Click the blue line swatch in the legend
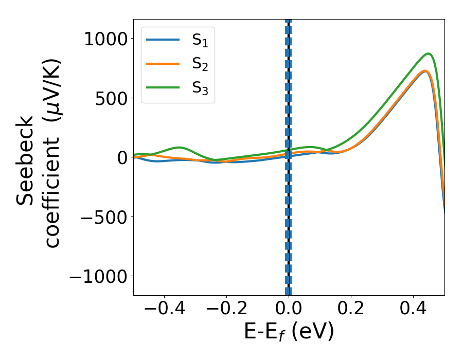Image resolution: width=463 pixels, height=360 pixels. click(x=163, y=40)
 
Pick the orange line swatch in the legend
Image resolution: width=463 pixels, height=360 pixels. click(x=163, y=64)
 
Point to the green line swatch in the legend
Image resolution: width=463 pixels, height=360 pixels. click(x=163, y=88)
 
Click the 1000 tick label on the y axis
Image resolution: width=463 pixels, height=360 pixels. click(x=106, y=39)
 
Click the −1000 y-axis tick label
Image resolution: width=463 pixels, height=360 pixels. click(x=97, y=276)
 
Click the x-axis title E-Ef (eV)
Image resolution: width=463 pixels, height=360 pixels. click(x=289, y=332)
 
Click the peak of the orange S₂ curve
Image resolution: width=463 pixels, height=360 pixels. click(x=425, y=71)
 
